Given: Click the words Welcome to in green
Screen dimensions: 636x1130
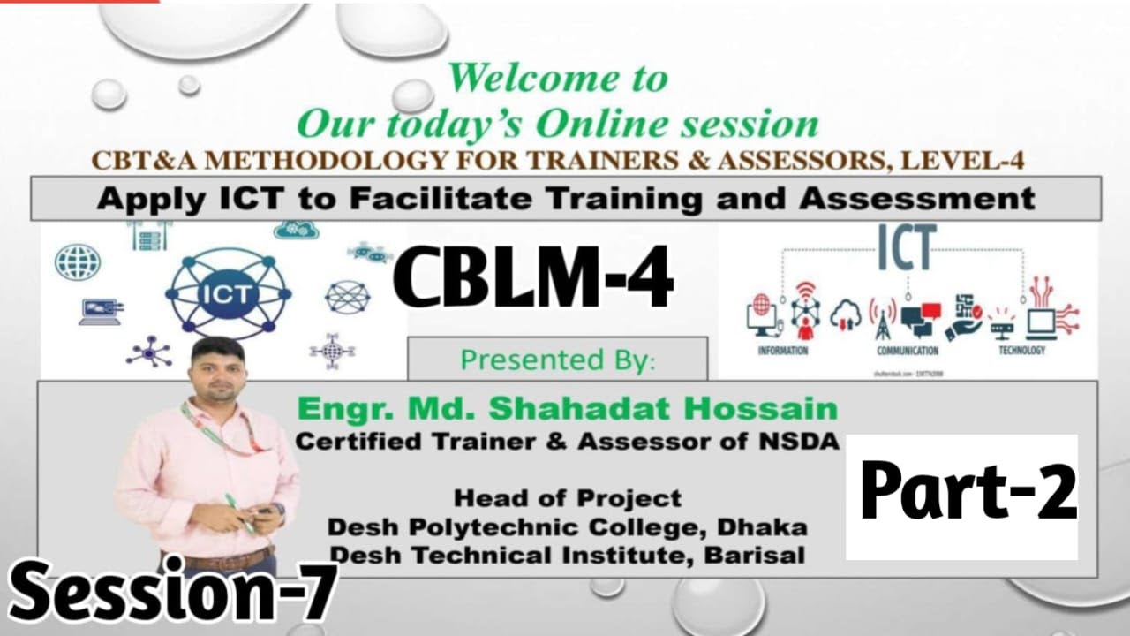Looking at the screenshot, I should pos(557,79).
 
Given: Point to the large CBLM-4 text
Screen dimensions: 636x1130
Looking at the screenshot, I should pos(533,276).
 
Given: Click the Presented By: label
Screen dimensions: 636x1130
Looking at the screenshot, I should pos(558,360).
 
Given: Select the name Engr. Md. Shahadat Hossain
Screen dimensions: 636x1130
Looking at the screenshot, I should pos(567,409).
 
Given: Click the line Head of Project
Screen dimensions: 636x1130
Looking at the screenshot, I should pos(567,498).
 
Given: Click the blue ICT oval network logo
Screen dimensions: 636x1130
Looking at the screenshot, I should pos(228,293).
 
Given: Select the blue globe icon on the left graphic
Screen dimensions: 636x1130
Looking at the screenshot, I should pos(78,262).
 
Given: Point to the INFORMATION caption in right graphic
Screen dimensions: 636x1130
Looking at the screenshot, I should pos(782,351).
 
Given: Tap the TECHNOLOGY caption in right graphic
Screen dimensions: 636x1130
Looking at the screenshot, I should pos(1021,351).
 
